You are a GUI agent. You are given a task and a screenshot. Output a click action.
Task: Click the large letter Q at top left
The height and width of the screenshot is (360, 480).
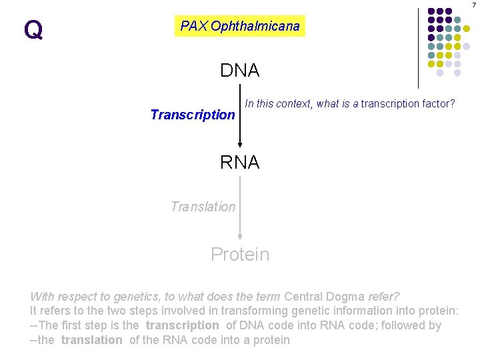click(x=33, y=30)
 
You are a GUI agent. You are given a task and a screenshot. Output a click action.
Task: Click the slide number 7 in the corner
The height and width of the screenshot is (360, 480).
click(x=475, y=5)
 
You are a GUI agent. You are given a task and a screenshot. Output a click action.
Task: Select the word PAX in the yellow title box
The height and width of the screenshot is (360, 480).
click(x=194, y=26)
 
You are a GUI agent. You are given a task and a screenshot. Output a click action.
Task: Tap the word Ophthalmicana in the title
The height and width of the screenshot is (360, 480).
click(x=255, y=26)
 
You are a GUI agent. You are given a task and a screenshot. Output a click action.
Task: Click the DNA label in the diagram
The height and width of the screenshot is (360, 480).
click(x=240, y=70)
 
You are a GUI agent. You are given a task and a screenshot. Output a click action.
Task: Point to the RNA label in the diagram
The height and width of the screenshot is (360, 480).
click(x=240, y=162)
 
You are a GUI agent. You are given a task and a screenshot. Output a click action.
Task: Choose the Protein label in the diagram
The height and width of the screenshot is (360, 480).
click(x=240, y=254)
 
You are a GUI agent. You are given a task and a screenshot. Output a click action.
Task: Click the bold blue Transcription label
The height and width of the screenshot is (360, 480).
click(x=193, y=115)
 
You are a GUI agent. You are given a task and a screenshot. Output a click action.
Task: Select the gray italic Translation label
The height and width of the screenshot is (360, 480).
click(x=203, y=207)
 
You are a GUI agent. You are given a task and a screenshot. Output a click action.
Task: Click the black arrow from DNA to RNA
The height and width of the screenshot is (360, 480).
click(x=240, y=120)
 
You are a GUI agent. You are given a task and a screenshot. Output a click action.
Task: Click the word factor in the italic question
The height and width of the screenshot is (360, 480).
click(x=439, y=103)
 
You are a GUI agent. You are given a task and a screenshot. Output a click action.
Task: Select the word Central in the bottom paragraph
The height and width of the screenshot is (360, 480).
click(x=303, y=296)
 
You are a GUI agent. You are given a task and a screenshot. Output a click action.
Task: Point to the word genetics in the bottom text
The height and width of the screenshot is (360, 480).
click(x=122, y=296)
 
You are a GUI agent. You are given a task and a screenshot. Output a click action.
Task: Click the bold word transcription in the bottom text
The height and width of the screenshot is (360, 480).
click(x=182, y=325)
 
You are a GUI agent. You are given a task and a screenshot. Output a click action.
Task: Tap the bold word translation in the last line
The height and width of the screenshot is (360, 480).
click(x=91, y=340)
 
